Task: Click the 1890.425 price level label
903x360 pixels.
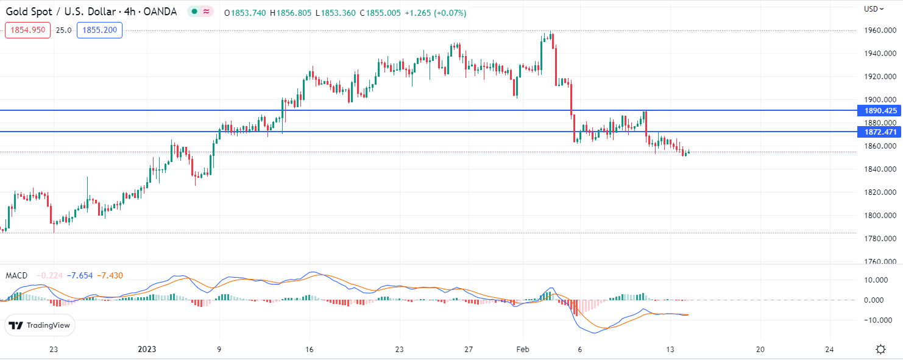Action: [877, 111]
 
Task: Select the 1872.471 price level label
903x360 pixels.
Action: [877, 132]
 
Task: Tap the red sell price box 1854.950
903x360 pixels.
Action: [27, 30]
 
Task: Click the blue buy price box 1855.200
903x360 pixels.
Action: [99, 30]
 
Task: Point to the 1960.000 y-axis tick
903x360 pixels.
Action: [878, 30]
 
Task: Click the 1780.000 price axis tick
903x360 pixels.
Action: [878, 239]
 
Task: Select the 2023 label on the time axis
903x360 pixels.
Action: [147, 349]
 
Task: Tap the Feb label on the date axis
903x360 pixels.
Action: [522, 349]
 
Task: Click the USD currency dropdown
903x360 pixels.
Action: [874, 9]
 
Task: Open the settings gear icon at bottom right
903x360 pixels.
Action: [880, 349]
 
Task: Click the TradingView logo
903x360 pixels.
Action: [41, 325]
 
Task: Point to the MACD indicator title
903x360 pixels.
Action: [17, 276]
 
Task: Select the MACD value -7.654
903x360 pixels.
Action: [80, 276]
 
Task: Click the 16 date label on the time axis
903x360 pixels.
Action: [310, 349]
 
